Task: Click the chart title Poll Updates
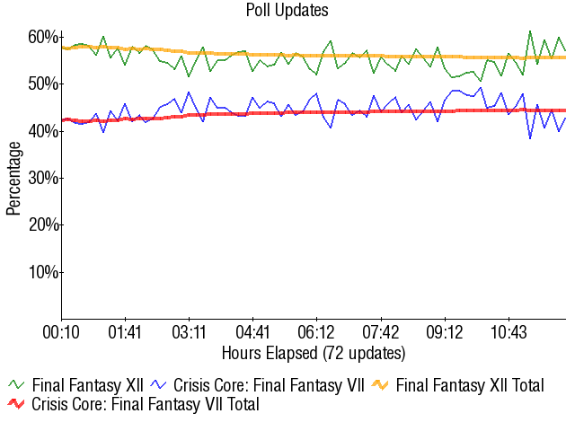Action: [287, 11]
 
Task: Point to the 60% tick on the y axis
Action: [44, 37]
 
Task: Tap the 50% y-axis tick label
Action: [44, 84]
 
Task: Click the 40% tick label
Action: [44, 131]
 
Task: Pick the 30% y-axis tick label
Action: [44, 178]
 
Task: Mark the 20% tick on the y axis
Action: [44, 224]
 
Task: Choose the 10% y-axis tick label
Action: [44, 272]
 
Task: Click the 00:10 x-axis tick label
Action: [62, 332]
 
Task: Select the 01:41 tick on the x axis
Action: [126, 332]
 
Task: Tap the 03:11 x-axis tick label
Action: [190, 332]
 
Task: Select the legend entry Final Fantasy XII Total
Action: [469, 385]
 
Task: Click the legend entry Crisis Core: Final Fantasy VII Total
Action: [145, 405]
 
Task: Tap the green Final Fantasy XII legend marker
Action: [16, 385]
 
